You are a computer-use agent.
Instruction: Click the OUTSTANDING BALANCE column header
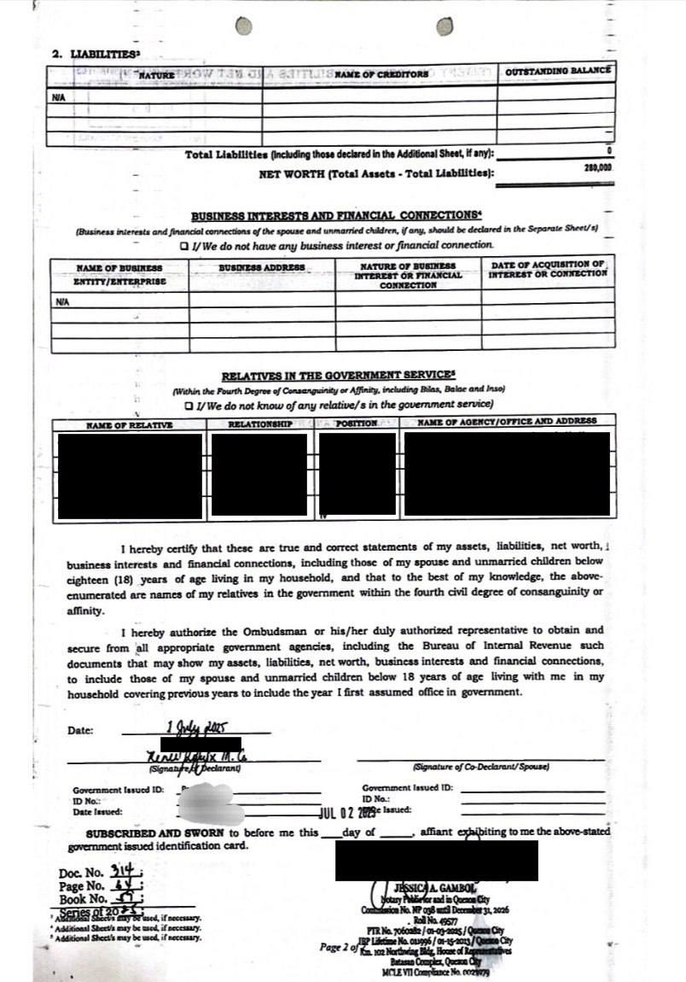point(558,72)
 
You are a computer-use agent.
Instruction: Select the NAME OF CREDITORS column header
point(381,74)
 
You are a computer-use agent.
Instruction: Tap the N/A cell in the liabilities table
point(58,98)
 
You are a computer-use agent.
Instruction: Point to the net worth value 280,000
point(598,169)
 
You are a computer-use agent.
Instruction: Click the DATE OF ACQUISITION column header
point(549,269)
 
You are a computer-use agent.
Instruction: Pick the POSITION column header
point(357,424)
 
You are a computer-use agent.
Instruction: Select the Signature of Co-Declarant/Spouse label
point(481,767)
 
